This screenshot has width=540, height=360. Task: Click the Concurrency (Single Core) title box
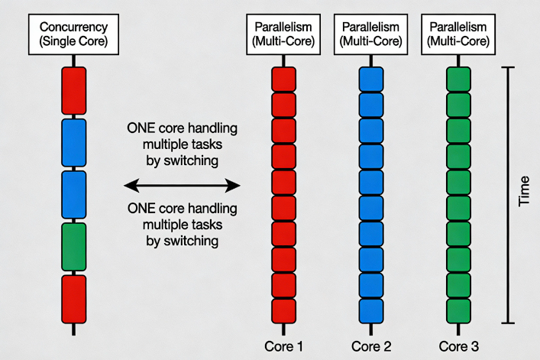click(x=73, y=34)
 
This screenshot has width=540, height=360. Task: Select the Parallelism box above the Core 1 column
click(x=283, y=34)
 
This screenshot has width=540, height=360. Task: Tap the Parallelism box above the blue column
click(x=370, y=34)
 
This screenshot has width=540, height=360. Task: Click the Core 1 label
click(x=283, y=346)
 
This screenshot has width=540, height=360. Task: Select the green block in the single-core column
click(x=73, y=246)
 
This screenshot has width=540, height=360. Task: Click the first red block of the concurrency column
click(x=73, y=90)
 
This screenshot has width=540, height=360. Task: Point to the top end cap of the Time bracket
click(x=508, y=67)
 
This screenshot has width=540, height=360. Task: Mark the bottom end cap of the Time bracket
click(x=508, y=323)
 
